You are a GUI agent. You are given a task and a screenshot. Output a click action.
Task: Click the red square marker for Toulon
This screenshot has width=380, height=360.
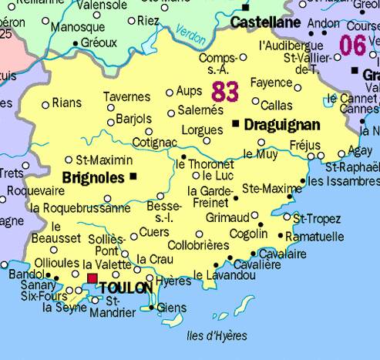92,278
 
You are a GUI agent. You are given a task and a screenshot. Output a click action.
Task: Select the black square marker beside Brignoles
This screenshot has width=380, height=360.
133,177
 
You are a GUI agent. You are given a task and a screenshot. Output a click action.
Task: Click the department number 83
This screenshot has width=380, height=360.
224,92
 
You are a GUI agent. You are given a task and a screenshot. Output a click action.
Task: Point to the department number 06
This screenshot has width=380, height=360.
352,45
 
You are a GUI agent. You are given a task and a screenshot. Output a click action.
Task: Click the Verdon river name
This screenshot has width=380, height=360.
190,32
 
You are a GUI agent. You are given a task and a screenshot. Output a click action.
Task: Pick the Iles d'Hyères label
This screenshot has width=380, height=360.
217,335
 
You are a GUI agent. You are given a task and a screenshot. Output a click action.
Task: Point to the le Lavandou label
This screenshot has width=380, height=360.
220,274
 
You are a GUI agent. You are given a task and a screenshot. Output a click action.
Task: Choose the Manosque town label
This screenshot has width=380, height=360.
77,27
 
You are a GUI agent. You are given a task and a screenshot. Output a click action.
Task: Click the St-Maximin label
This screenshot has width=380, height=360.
104,160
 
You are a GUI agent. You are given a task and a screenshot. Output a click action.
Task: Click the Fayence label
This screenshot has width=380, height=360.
271,82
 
